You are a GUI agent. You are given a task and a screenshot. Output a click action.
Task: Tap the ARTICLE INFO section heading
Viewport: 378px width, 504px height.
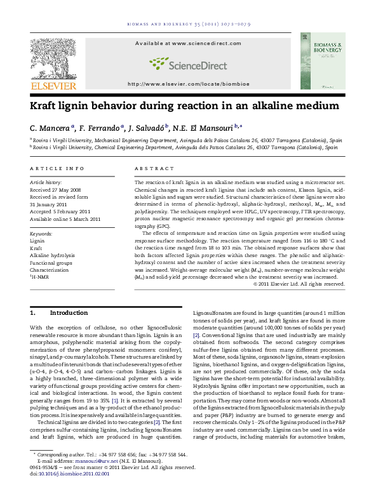pos(57,168)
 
